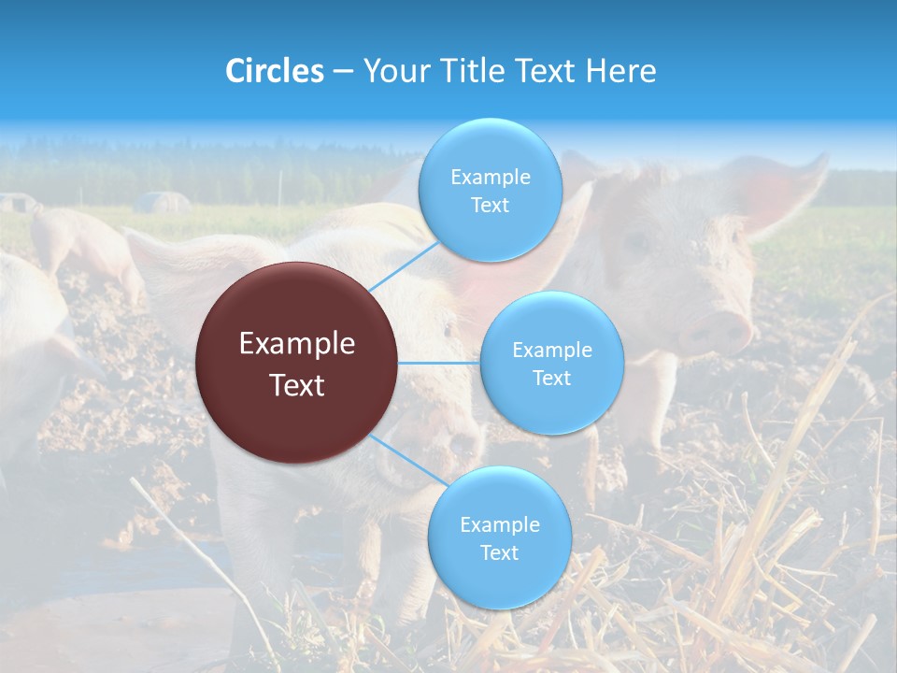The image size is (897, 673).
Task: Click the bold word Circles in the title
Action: pos(275,71)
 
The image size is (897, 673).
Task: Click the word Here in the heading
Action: pos(620,71)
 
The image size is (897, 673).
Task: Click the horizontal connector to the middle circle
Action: pos(438,363)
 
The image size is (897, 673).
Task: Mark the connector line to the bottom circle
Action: pos(408,461)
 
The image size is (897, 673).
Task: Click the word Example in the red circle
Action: pos(297,344)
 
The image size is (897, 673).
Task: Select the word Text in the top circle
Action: pos(490,206)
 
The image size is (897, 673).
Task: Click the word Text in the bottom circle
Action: pos(499,552)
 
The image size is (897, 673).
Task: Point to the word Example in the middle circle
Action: pos(551,350)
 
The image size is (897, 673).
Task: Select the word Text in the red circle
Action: pos(297,385)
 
